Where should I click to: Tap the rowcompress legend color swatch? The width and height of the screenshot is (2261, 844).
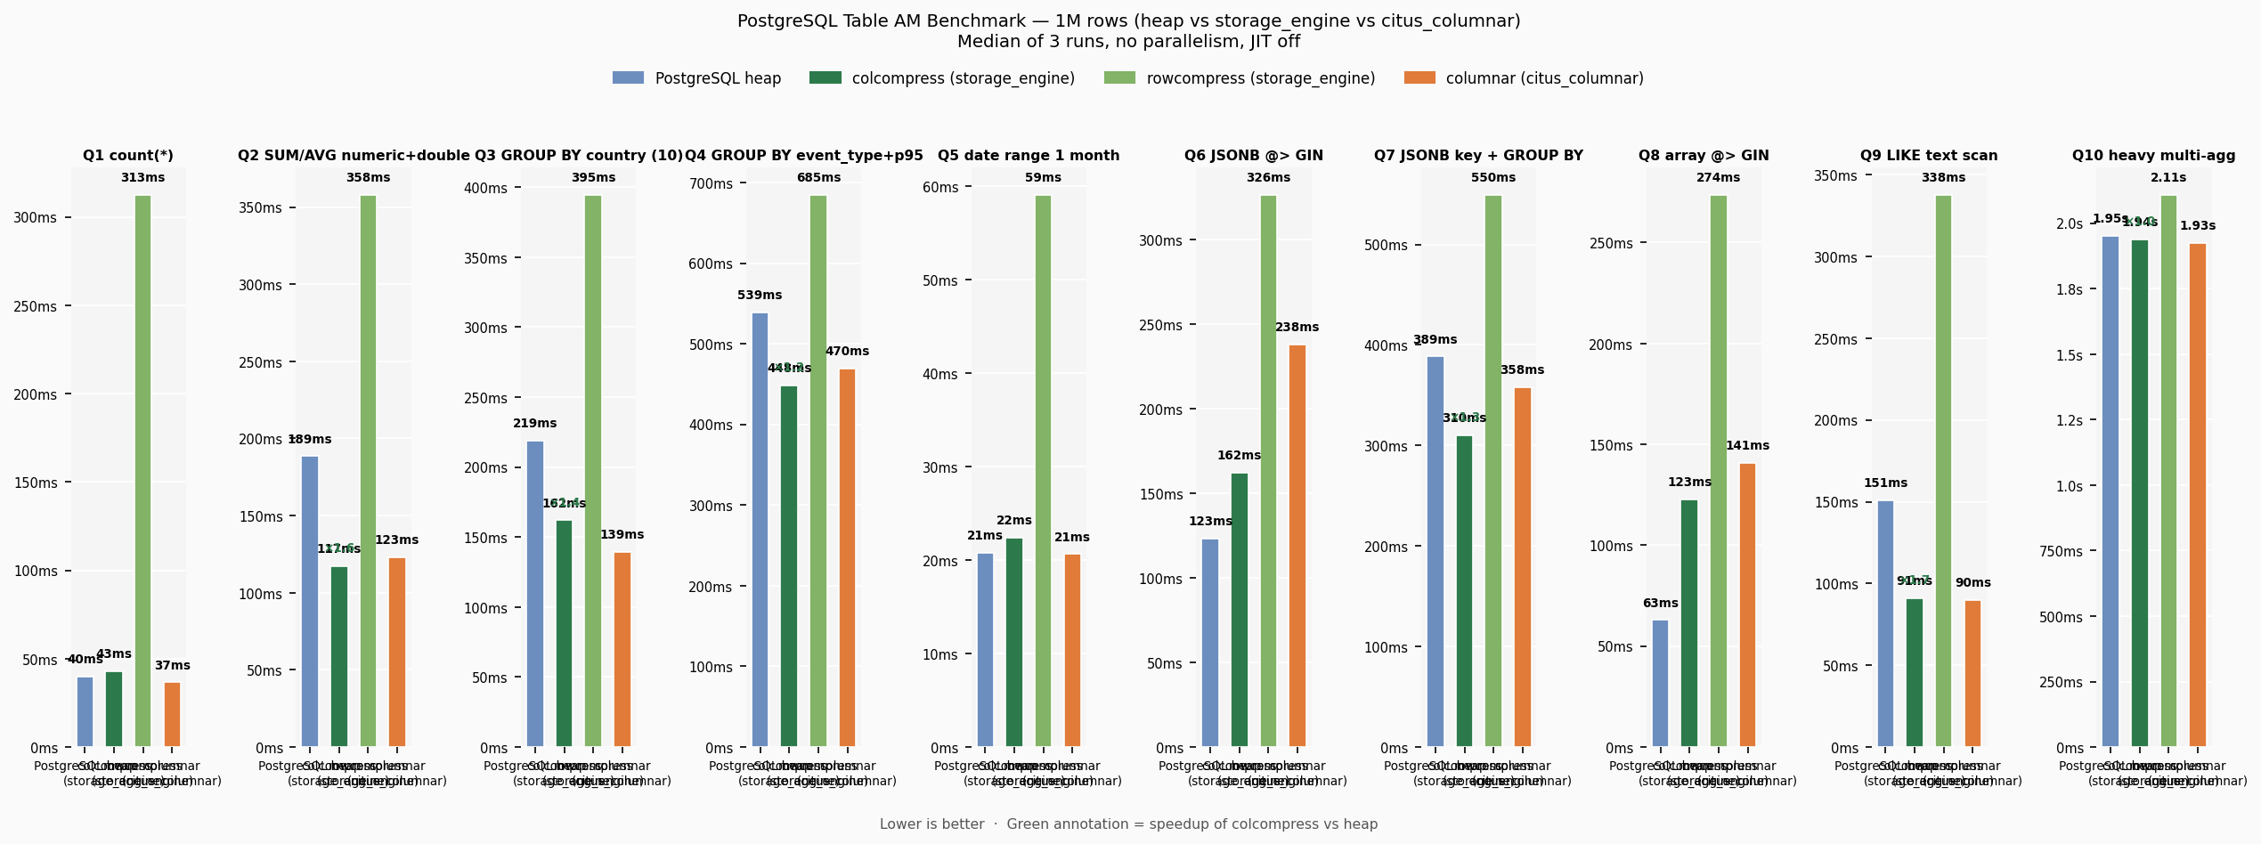click(x=1119, y=78)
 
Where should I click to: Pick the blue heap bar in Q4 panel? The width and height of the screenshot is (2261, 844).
click(x=760, y=529)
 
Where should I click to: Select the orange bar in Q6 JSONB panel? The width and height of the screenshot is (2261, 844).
click(x=1297, y=545)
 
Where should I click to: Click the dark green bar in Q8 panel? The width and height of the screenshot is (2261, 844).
click(x=1688, y=622)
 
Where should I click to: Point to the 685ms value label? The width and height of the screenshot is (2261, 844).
click(x=818, y=178)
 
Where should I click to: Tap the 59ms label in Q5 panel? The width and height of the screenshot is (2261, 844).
click(x=1043, y=178)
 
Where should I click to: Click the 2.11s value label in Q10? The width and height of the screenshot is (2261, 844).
click(x=2167, y=178)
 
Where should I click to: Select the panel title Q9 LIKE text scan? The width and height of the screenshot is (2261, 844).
click(x=1928, y=156)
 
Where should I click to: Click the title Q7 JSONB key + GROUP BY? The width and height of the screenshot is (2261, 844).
click(x=1478, y=156)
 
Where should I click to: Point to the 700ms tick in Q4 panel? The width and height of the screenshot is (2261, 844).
click(x=711, y=184)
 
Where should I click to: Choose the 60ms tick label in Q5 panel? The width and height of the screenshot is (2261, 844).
click(x=939, y=188)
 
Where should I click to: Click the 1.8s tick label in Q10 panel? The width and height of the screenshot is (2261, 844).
click(x=2069, y=289)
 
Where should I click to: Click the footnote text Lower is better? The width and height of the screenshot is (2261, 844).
click(x=931, y=824)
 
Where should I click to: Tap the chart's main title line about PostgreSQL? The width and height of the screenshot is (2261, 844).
click(x=1128, y=21)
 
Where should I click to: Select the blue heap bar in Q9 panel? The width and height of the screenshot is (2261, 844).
click(x=1885, y=623)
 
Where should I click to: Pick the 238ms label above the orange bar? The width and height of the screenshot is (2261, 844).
click(x=1297, y=328)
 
